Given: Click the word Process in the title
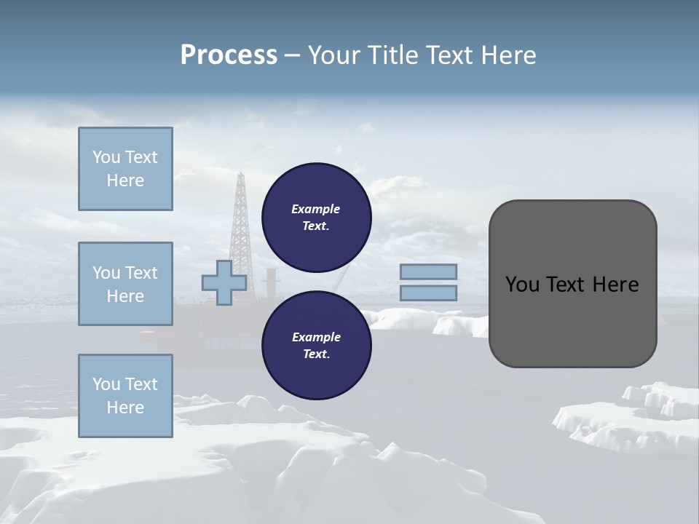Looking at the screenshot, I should coord(229,55).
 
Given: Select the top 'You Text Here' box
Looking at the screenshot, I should coord(125,169).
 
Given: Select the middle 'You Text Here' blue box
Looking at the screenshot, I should coord(125,284).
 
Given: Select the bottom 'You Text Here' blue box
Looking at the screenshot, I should coord(125,396).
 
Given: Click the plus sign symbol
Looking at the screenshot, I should coord(224,282).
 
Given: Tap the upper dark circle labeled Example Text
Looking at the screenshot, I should coord(316,218).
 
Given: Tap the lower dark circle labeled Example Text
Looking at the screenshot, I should coord(316,346).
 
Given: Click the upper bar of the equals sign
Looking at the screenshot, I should coord(428,271).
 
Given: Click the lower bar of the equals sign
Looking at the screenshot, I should coord(428,293).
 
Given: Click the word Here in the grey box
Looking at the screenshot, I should coord(615,285).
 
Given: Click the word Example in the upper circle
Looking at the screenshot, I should coord(315,209).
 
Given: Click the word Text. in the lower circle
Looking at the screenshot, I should coord(316,354).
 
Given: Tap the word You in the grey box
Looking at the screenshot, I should coord(521,285).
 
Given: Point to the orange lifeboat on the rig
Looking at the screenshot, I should coord(148,334).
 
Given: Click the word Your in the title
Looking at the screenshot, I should coord(334,55).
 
